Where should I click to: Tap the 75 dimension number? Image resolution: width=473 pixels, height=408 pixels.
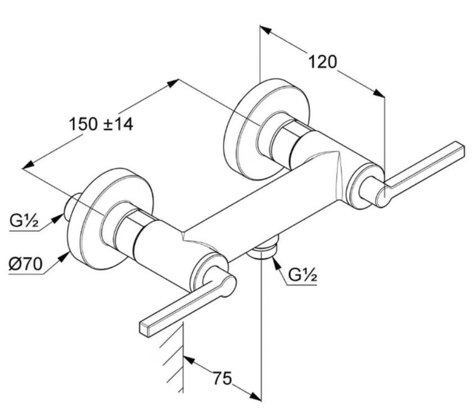(x=222, y=379)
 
